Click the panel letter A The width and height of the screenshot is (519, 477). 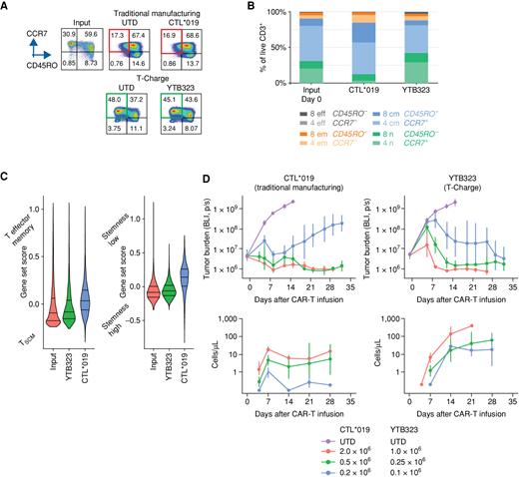[x=6, y=7]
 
